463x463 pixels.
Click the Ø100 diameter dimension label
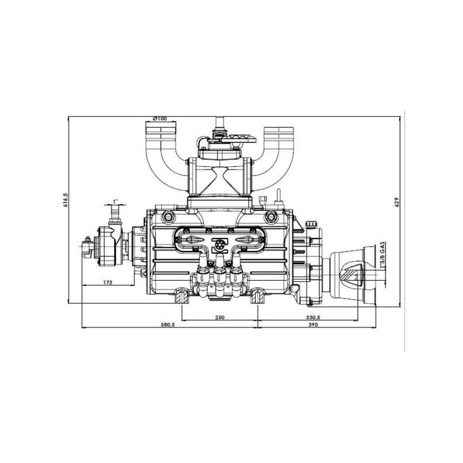pyautogui.click(x=160, y=119)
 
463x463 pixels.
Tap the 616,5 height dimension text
pyautogui.click(x=65, y=200)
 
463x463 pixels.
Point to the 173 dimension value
pyautogui.click(x=108, y=282)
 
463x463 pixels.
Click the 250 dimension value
pyautogui.click(x=220, y=317)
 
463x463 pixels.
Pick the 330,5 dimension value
pyautogui.click(x=313, y=317)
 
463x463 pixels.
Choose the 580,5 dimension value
pyautogui.click(x=168, y=325)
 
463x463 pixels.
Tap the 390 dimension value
pyautogui.click(x=313, y=325)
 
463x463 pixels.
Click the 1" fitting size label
pyautogui.click(x=115, y=201)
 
